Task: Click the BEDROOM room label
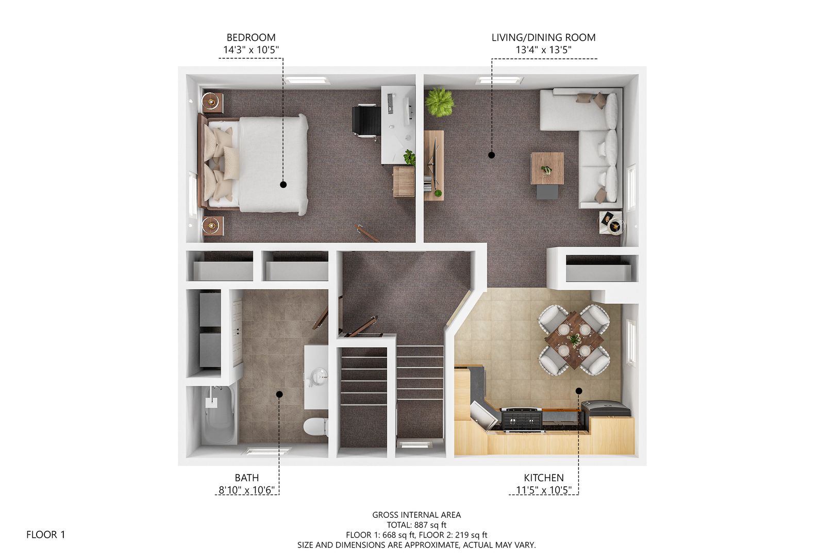pyautogui.click(x=251, y=37)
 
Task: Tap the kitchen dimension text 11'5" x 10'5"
pyautogui.click(x=543, y=490)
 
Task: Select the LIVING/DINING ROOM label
pyautogui.click(x=543, y=37)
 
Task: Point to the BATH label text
pyautogui.click(x=247, y=478)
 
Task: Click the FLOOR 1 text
pyautogui.click(x=46, y=535)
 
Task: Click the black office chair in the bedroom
pyautogui.click(x=366, y=121)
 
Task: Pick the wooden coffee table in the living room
pyautogui.click(x=547, y=168)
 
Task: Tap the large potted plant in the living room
pyautogui.click(x=440, y=102)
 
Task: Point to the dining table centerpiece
pyautogui.click(x=574, y=339)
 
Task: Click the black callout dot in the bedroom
pyautogui.click(x=283, y=184)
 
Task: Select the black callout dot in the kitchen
pyautogui.click(x=579, y=391)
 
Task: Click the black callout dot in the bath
pyautogui.click(x=279, y=394)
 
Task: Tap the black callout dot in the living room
pyautogui.click(x=492, y=155)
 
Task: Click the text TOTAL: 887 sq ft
pyautogui.click(x=416, y=525)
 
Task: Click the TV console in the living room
pyautogui.click(x=434, y=166)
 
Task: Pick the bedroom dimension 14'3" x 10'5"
pyautogui.click(x=251, y=50)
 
